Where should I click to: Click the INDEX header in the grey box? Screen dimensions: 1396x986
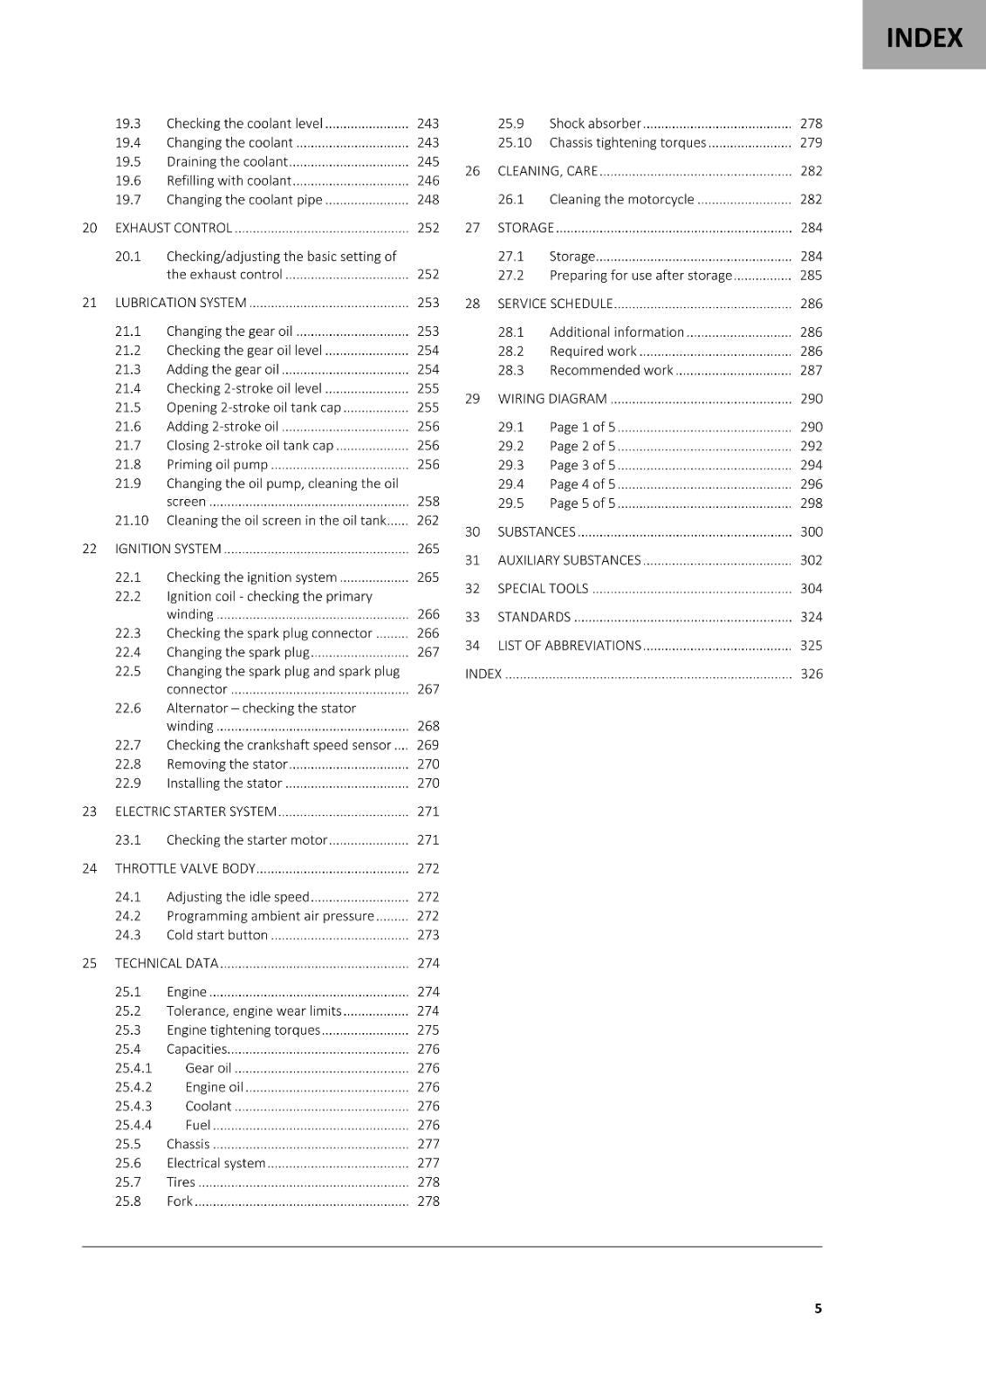point(924,38)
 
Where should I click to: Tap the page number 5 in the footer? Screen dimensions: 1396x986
point(818,1308)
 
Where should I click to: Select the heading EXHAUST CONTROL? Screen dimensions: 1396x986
point(174,228)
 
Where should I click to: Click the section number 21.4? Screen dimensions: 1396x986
point(127,388)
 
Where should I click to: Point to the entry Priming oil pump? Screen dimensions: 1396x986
point(217,464)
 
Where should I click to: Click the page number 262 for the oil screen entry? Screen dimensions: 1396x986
point(428,520)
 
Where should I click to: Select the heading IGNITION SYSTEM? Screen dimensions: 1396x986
point(168,549)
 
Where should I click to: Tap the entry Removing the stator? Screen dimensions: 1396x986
point(227,763)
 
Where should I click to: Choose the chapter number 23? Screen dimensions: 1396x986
point(89,811)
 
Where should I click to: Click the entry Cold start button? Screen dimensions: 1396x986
point(217,934)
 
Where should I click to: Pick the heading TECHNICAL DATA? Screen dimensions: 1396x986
point(167,963)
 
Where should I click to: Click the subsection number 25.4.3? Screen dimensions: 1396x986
point(134,1105)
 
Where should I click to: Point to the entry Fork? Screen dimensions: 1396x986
point(179,1201)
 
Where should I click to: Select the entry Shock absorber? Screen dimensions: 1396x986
point(595,123)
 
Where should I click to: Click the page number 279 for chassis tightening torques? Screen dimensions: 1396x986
point(811,142)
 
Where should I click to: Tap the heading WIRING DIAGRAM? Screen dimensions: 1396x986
point(552,399)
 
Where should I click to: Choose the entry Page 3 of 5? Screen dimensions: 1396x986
point(582,465)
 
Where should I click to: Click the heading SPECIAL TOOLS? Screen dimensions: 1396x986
point(543,588)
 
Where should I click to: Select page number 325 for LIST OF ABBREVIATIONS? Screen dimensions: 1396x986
point(811,646)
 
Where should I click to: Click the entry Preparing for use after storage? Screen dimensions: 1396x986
point(640,275)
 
